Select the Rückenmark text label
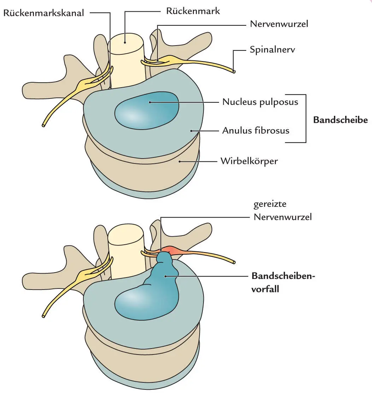point(193,11)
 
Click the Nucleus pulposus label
point(260,102)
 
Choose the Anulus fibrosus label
point(255,131)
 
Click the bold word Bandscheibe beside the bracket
point(340,120)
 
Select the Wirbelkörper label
point(249,161)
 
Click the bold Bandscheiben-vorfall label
point(283,282)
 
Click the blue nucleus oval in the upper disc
point(146,110)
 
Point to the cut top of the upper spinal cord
point(126,42)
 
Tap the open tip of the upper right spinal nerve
point(234,71)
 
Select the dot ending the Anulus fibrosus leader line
point(191,131)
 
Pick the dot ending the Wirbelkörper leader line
point(180,161)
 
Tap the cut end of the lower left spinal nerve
point(44,315)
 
